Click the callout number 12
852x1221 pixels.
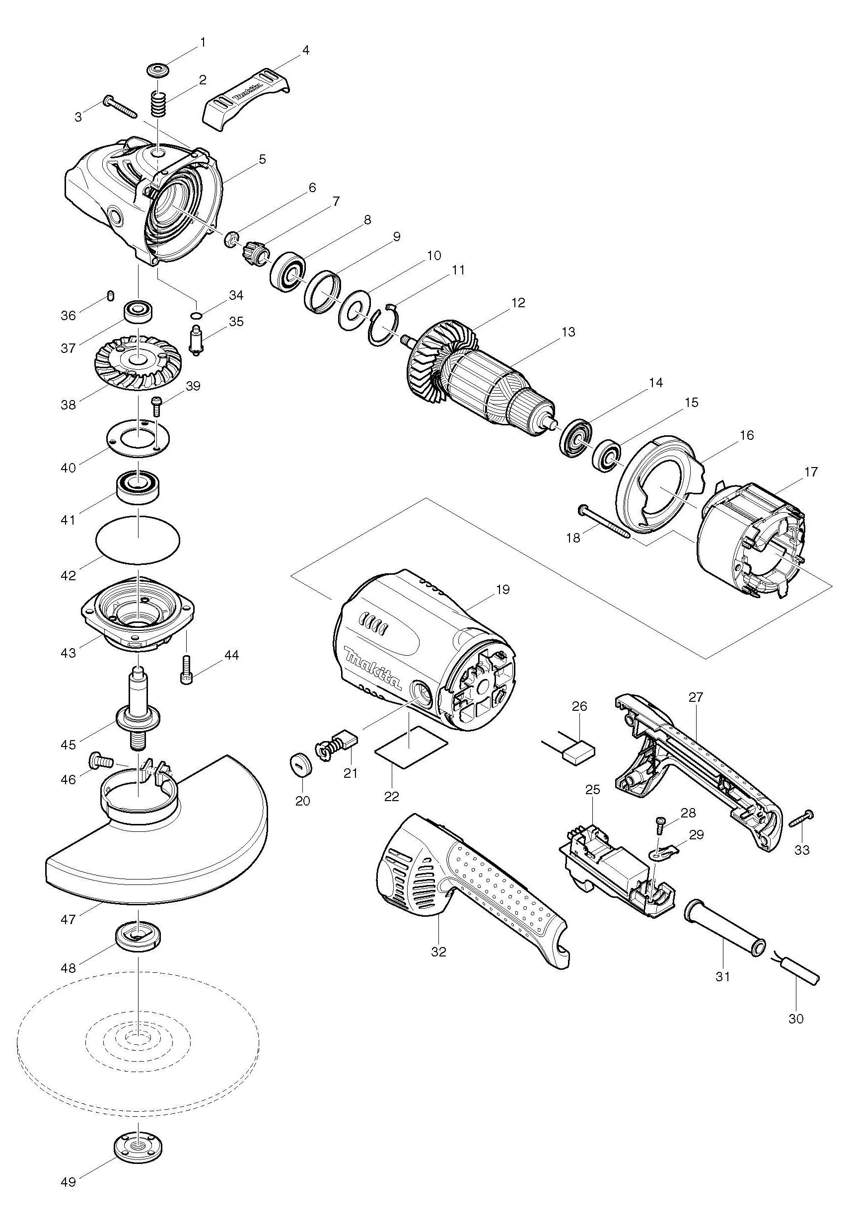(518, 303)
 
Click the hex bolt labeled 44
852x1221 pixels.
(187, 669)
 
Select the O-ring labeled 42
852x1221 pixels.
(138, 541)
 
